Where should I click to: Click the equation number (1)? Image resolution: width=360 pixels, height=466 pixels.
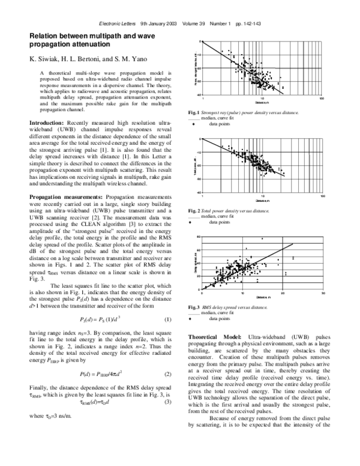168,319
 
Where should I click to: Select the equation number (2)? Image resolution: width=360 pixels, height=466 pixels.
168,375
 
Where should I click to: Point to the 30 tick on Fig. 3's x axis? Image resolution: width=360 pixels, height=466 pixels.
323,293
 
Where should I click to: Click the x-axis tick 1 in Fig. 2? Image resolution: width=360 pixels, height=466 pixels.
203,196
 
